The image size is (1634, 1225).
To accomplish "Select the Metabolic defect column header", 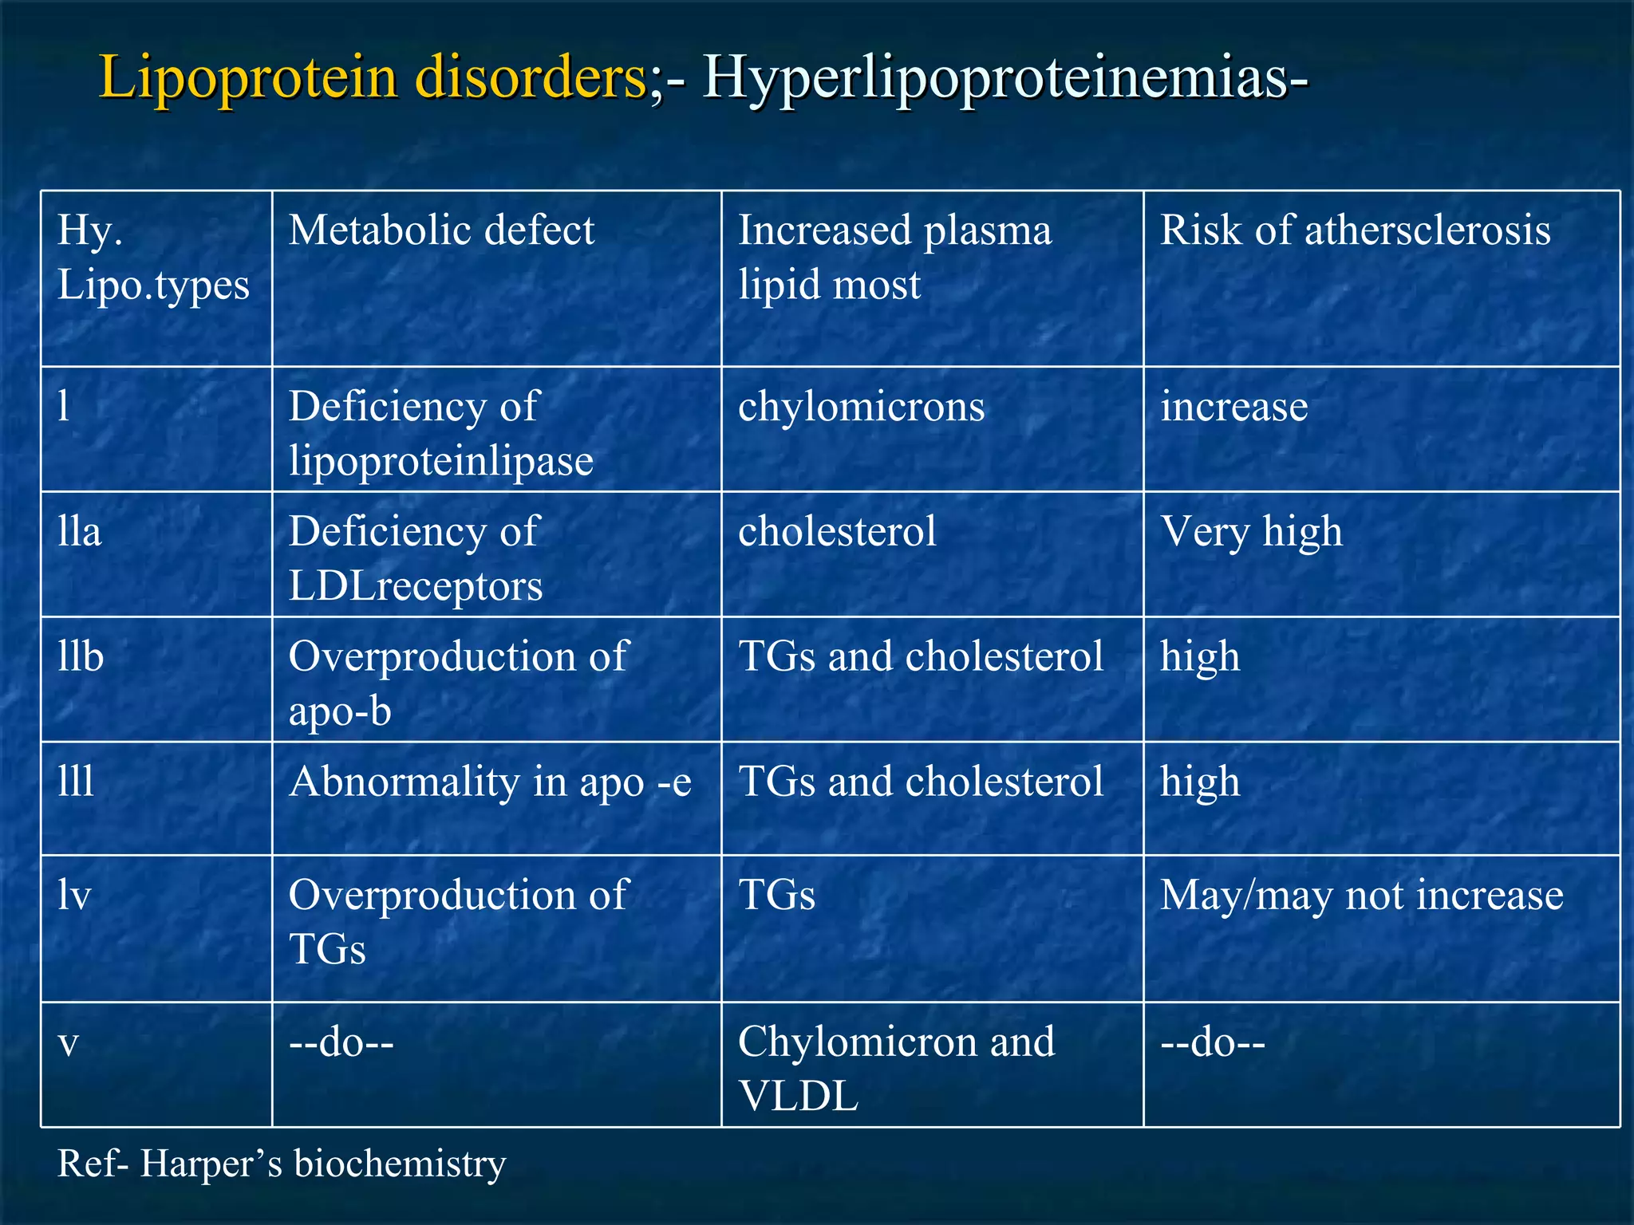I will click(441, 230).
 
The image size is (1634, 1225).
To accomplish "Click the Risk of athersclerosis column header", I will click(1355, 230).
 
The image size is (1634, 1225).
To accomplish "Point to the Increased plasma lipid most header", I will click(894, 257).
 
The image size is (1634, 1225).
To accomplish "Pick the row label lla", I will click(80, 532).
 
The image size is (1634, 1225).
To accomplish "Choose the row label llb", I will click(81, 657).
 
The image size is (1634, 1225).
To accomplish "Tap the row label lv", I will click(74, 896).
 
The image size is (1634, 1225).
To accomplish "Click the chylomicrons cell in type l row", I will click(861, 407).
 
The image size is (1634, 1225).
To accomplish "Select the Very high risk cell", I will click(1251, 532).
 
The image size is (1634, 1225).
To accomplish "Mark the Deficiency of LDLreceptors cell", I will click(416, 558).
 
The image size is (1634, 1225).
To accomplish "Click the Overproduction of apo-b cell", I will click(458, 683).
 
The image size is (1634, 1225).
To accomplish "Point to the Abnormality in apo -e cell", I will click(490, 782).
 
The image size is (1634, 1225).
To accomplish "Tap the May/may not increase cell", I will click(1361, 896).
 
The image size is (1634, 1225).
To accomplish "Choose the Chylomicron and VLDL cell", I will click(895, 1068).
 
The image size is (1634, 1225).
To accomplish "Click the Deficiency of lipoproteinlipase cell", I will click(440, 433).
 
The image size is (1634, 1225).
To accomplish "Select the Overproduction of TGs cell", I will click(458, 921).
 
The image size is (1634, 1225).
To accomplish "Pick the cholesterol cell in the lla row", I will click(837, 532).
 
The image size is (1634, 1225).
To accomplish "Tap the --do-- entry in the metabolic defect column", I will click(341, 1042).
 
